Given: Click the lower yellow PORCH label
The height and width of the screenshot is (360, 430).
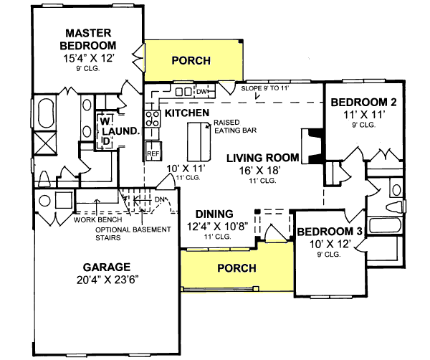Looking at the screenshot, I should pyautogui.click(x=236, y=268).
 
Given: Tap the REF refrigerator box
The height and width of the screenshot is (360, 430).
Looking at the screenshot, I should pyautogui.click(x=152, y=153).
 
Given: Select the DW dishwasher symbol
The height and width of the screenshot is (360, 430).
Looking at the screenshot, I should pyautogui.click(x=201, y=92).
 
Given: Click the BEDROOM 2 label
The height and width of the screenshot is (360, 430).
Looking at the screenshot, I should pyautogui.click(x=363, y=102).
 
